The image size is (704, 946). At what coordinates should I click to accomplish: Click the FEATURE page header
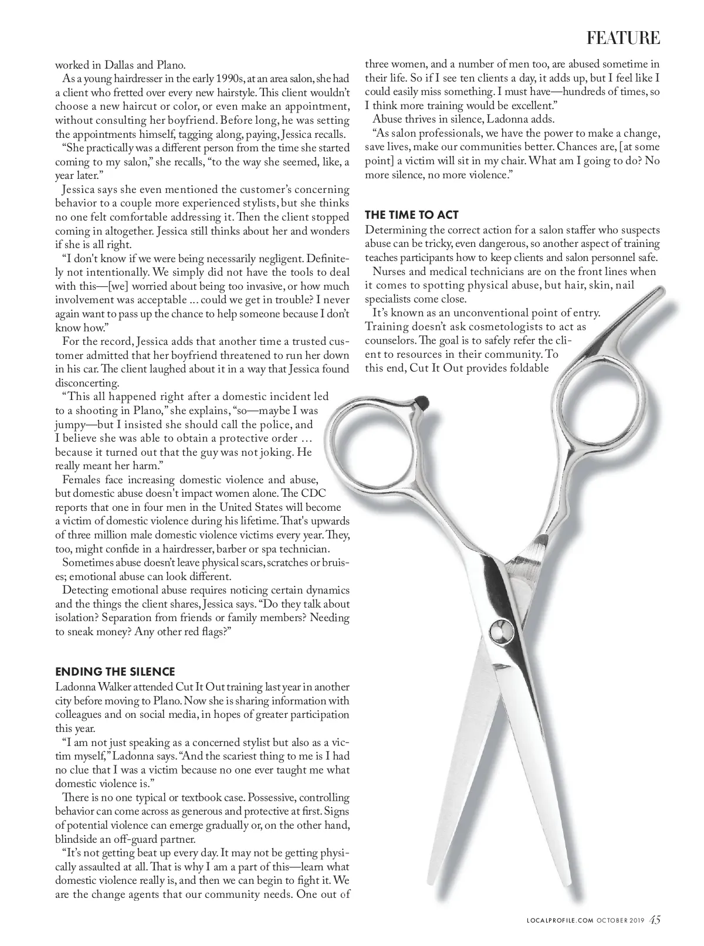pos(623,38)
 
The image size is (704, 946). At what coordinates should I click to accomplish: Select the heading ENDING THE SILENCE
pos(115,672)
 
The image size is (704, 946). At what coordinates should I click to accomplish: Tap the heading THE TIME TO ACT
pos(411,215)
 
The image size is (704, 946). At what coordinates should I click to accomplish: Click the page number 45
pos(655,920)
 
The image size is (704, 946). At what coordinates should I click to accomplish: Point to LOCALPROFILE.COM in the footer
pos(557,920)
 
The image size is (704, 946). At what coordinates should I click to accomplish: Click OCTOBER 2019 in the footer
pos(621,920)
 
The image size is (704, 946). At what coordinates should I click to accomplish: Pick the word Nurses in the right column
pos(388,272)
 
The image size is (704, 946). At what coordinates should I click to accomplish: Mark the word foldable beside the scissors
pos(530,369)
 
